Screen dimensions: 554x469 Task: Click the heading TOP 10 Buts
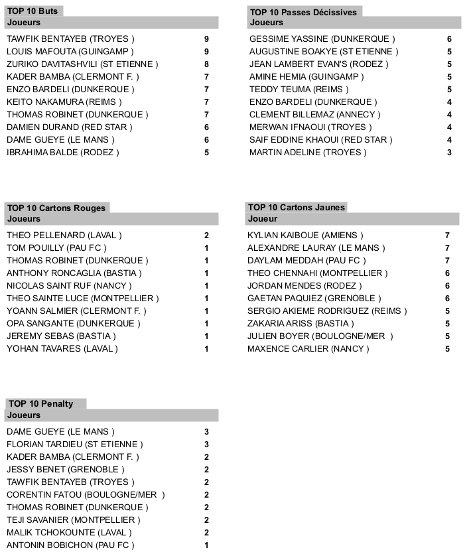pos(33,12)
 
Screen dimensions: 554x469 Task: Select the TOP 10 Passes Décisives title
pos(302,12)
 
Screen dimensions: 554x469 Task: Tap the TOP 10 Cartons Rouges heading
pos(56,208)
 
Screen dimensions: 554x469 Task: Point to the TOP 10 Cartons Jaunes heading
pos(296,208)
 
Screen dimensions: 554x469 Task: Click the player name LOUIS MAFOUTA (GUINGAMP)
pos(70,51)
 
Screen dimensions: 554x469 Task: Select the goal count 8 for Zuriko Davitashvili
pos(207,64)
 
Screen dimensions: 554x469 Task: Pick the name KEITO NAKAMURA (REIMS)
pos(64,102)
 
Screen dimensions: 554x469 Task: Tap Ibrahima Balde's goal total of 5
pos(207,153)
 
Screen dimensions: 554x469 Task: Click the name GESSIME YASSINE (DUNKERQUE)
pos(322,39)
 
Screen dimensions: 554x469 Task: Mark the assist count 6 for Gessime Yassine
pos(449,39)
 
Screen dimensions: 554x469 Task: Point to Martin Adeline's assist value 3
pos(449,153)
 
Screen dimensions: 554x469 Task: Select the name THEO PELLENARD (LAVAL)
pos(64,236)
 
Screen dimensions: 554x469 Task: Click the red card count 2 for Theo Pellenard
pos(207,236)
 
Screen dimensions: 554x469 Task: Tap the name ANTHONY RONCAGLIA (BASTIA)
pos(74,273)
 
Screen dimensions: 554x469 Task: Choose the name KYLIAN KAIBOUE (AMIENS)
pos(305,236)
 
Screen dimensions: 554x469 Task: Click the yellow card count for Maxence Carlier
pos(447,349)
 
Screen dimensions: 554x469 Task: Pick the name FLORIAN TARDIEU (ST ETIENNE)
pos(75,445)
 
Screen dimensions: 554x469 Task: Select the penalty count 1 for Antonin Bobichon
pos(207,545)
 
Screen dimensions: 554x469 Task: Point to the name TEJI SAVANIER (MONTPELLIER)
pos(74,520)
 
